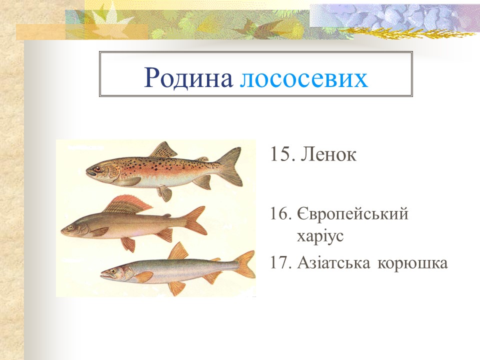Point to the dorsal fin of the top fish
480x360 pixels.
(163, 149)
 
